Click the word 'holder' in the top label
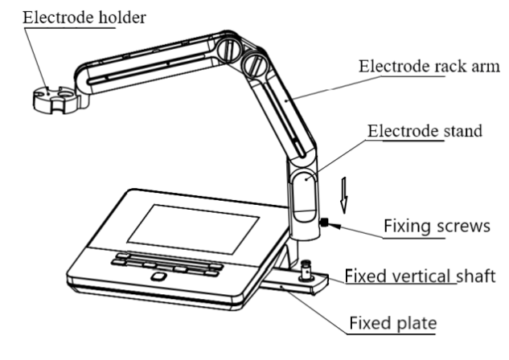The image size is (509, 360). [119, 17]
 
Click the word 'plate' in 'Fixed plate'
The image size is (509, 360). [415, 325]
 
